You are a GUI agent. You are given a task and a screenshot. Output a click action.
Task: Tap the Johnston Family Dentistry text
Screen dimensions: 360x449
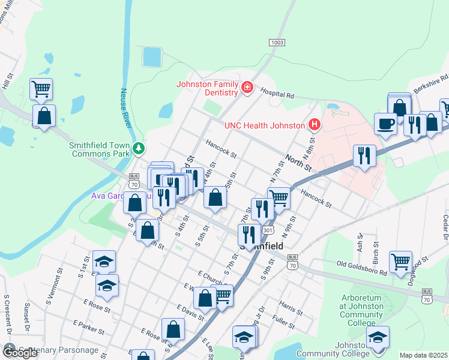[x=207, y=88]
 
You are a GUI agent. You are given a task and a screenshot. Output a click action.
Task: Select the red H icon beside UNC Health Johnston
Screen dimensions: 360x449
[x=314, y=125]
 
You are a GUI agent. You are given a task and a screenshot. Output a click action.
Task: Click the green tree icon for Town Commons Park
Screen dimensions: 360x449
[x=139, y=147]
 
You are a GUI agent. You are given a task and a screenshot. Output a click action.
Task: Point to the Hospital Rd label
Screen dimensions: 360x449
[x=277, y=94]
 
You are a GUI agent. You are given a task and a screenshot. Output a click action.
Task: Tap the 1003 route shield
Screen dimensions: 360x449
[x=277, y=43]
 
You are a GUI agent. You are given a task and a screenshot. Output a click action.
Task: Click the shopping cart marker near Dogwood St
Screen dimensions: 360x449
[x=400, y=261]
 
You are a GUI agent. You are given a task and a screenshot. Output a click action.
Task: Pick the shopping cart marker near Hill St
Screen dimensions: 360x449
[x=41, y=89]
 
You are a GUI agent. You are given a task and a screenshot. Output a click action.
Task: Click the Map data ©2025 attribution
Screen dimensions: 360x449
[x=423, y=355]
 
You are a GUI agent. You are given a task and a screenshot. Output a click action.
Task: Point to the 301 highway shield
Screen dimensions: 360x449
[x=268, y=230]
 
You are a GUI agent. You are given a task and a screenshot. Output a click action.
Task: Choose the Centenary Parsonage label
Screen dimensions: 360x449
[x=58, y=350]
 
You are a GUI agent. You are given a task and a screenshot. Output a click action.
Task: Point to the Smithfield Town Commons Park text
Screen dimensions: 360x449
[x=100, y=149]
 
